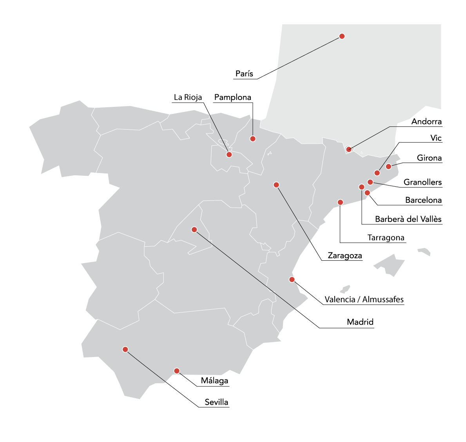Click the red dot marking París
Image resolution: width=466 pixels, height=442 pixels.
342,36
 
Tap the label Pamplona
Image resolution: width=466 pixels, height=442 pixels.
232,97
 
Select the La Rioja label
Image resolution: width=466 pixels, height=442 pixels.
188,97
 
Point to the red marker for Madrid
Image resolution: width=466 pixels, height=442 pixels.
194,229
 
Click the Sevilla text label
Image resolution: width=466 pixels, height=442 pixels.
216,402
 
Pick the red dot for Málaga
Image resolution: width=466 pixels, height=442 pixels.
177,371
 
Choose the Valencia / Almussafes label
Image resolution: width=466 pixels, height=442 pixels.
364,299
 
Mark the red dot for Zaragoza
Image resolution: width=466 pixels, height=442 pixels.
276,185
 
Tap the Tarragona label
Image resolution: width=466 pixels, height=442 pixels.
386,238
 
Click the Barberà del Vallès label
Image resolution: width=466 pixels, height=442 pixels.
408,219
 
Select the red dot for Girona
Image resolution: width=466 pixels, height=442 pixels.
388,166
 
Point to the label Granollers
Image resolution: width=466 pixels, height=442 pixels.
422,182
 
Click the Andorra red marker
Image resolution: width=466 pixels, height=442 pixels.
348,149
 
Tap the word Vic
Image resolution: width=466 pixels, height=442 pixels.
436,138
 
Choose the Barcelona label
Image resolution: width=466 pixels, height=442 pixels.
423,200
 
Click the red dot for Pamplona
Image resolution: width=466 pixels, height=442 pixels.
253,139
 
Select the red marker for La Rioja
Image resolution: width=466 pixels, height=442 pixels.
229,155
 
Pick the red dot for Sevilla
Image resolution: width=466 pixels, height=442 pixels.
125,349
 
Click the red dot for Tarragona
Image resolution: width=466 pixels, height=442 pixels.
340,202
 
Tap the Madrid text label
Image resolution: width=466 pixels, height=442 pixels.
360,322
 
